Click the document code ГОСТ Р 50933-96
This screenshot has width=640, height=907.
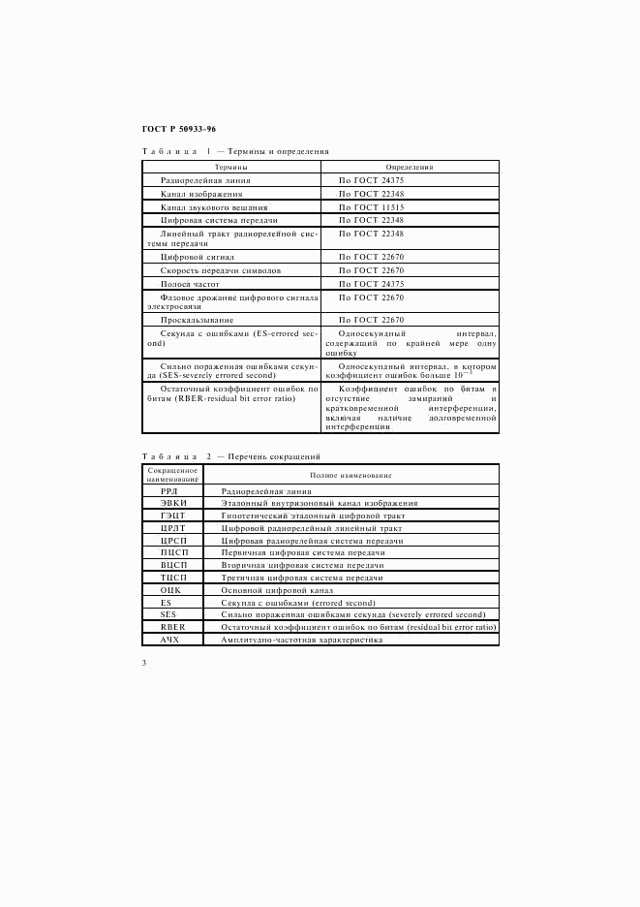(x=179, y=128)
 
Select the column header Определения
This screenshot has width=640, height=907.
(x=410, y=167)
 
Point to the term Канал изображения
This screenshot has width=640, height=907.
(x=201, y=194)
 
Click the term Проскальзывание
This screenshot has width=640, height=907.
(x=198, y=319)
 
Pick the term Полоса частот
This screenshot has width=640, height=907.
(x=192, y=284)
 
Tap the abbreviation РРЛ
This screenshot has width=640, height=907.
(x=169, y=491)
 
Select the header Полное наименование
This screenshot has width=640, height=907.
(x=350, y=475)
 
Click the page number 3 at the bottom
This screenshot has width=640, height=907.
(x=144, y=663)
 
